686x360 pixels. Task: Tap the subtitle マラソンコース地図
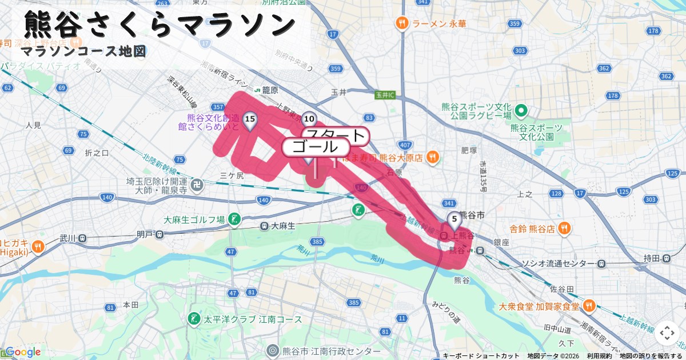tap(83, 51)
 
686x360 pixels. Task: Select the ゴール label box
tap(316, 147)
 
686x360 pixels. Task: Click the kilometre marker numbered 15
tap(249, 119)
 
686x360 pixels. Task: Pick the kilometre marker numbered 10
tap(309, 119)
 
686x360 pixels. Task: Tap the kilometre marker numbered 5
tap(454, 219)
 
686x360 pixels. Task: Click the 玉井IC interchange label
tap(385, 94)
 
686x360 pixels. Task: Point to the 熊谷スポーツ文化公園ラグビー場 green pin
tap(521, 110)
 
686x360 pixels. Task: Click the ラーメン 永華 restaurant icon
tap(402, 23)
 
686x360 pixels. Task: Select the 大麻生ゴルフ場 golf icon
tap(234, 219)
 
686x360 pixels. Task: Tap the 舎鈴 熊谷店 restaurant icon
tap(564, 229)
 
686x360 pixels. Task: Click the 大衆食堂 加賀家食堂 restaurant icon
tap(589, 306)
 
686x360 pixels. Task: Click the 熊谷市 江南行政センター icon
tap(273, 351)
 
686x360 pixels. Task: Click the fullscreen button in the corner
tap(667, 333)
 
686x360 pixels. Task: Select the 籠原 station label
tap(270, 90)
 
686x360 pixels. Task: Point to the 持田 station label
tap(652, 258)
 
